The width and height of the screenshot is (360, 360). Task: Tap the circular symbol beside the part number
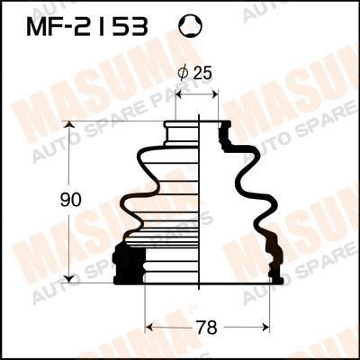coord(191,27)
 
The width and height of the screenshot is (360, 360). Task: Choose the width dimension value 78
coord(208,328)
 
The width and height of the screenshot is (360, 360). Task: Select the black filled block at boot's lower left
coord(130,265)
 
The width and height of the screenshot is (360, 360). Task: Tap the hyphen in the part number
coord(78,28)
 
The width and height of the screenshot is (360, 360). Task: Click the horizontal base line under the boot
coord(198,283)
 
